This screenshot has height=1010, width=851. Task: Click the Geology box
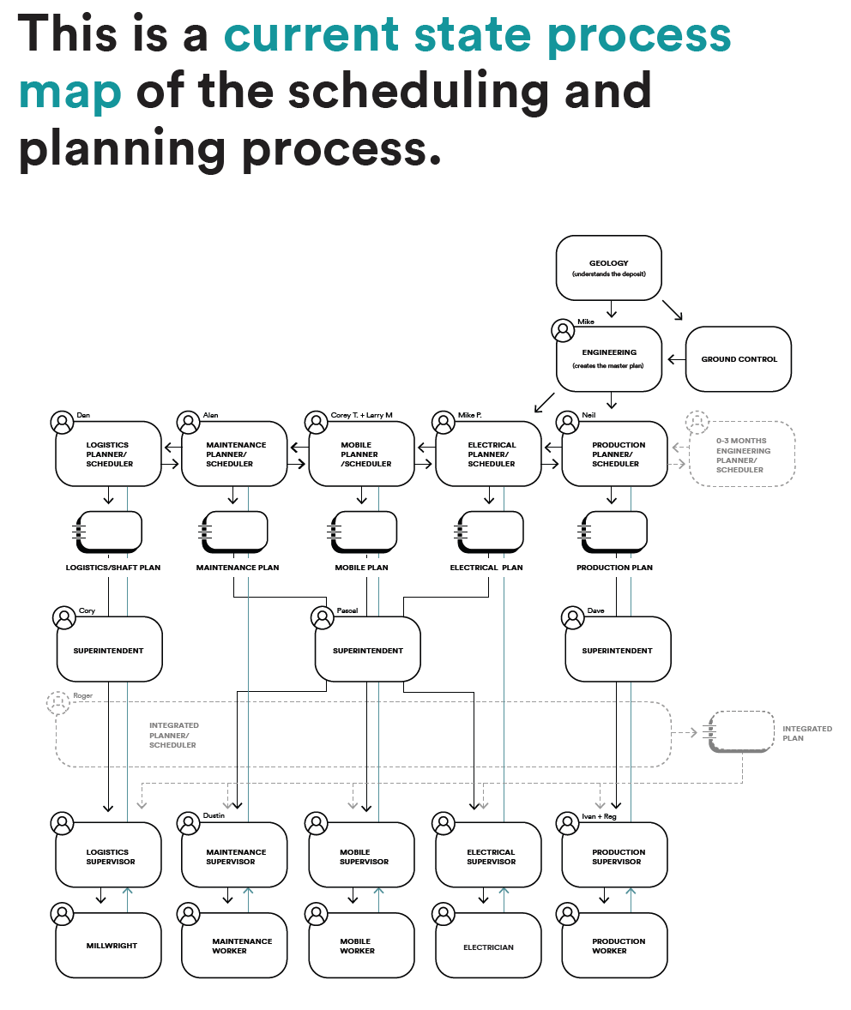(x=609, y=268)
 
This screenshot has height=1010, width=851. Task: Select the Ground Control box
(x=739, y=359)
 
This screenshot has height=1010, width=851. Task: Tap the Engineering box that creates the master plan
(x=609, y=358)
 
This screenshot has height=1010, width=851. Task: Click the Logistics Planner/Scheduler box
(x=108, y=454)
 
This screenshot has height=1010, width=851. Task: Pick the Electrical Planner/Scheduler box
(x=489, y=454)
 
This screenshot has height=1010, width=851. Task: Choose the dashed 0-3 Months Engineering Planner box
(x=743, y=454)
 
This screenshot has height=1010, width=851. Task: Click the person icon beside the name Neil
(x=566, y=422)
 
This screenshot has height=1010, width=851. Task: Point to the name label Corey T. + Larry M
(x=361, y=415)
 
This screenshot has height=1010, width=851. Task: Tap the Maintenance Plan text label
(x=238, y=568)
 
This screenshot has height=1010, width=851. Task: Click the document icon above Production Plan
(x=613, y=532)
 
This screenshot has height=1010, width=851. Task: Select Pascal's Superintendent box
(x=368, y=651)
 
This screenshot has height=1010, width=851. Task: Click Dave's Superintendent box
(x=617, y=651)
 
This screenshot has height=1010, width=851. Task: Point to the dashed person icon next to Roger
(x=58, y=703)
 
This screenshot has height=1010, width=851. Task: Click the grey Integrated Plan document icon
(x=739, y=731)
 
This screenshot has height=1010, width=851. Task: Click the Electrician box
(x=488, y=947)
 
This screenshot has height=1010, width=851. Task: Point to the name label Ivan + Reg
(x=599, y=816)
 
